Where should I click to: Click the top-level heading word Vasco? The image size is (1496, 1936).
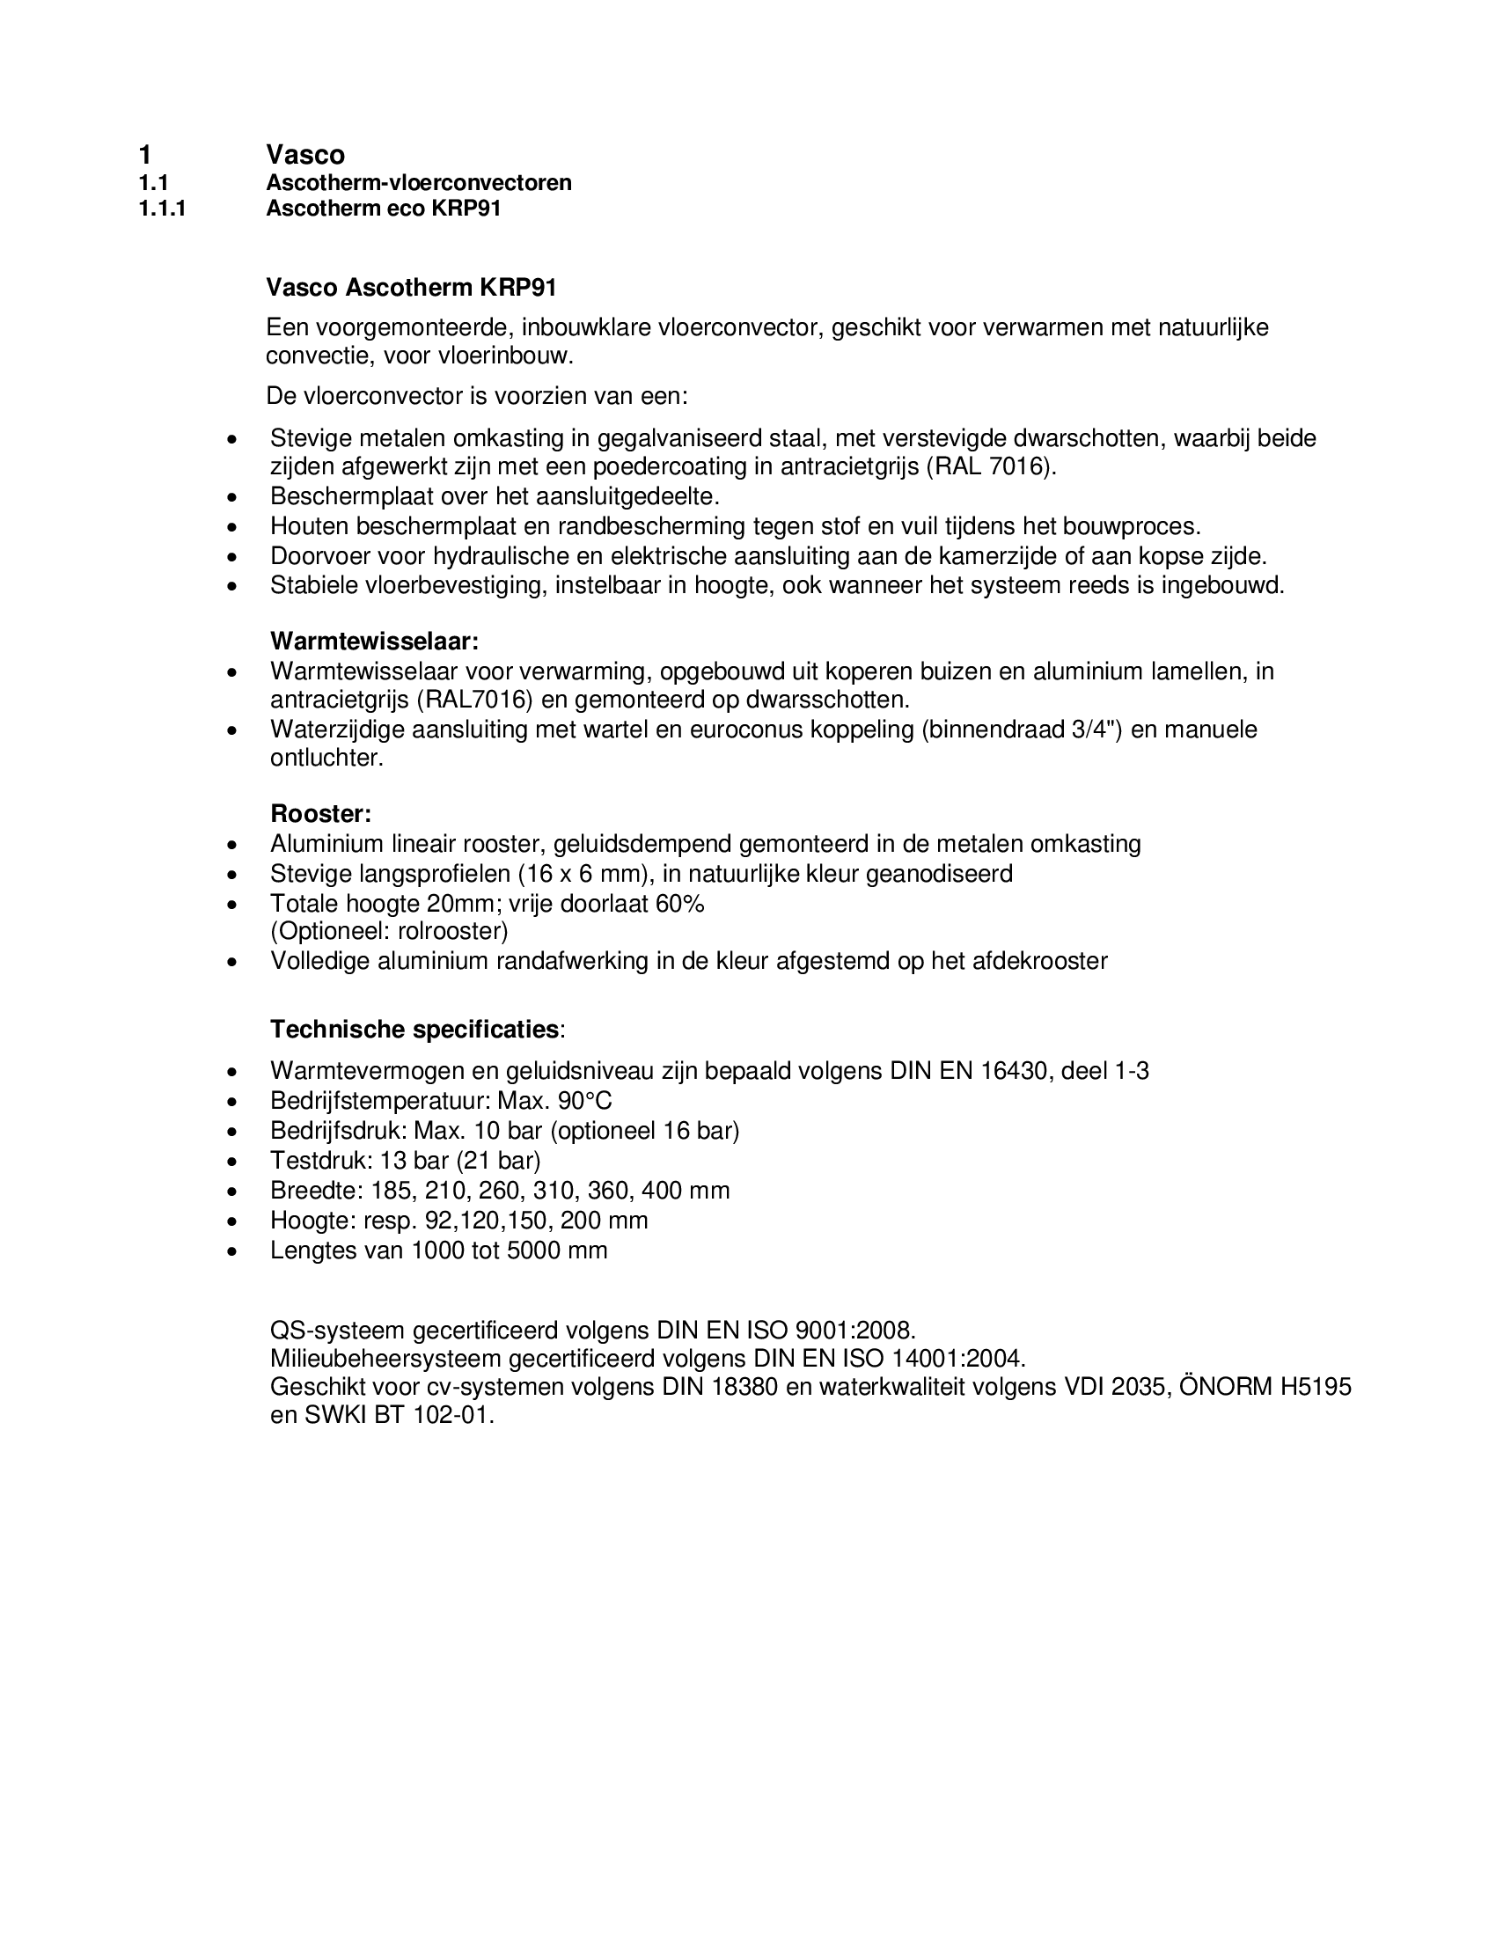pyautogui.click(x=304, y=155)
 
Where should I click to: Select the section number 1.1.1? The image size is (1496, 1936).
pyautogui.click(x=162, y=209)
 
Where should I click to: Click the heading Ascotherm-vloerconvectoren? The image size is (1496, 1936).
pyautogui.click(x=418, y=184)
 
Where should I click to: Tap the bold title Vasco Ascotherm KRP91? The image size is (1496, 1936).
pyautogui.click(x=411, y=288)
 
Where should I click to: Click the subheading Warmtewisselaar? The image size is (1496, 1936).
pyautogui.click(x=374, y=641)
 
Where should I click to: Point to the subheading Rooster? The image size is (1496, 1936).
pyautogui.click(x=321, y=814)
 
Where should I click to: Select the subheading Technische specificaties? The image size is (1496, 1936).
pyautogui.click(x=414, y=1030)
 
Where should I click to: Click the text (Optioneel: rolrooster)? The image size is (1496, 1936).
pyautogui.click(x=389, y=932)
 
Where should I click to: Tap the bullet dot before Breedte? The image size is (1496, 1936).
pyautogui.click(x=232, y=1192)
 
